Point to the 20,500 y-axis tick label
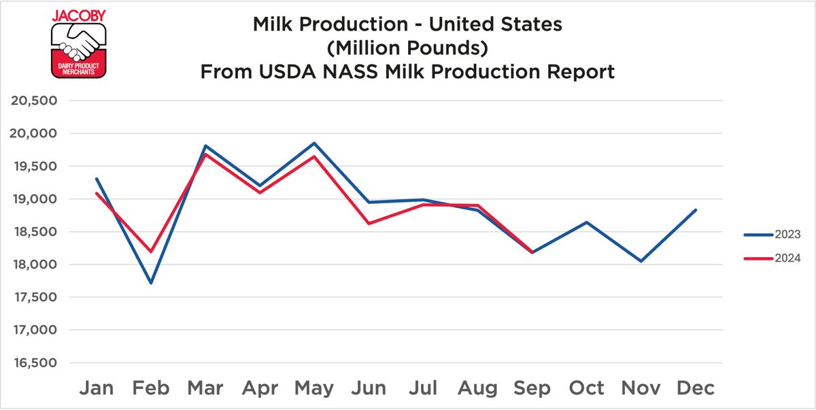[x=34, y=101]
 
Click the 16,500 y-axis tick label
[x=34, y=363]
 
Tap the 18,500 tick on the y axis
[x=34, y=232]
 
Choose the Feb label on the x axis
[x=150, y=388]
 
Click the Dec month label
[x=695, y=388]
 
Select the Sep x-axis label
[x=532, y=389]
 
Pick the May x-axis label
[x=314, y=388]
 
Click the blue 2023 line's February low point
[x=150, y=283]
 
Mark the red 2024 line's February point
[x=150, y=252]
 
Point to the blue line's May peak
[x=314, y=143]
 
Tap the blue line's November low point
[x=641, y=261]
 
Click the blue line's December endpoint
[x=696, y=210]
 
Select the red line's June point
[x=369, y=224]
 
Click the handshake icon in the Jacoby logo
[x=80, y=41]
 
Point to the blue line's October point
[x=586, y=222]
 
